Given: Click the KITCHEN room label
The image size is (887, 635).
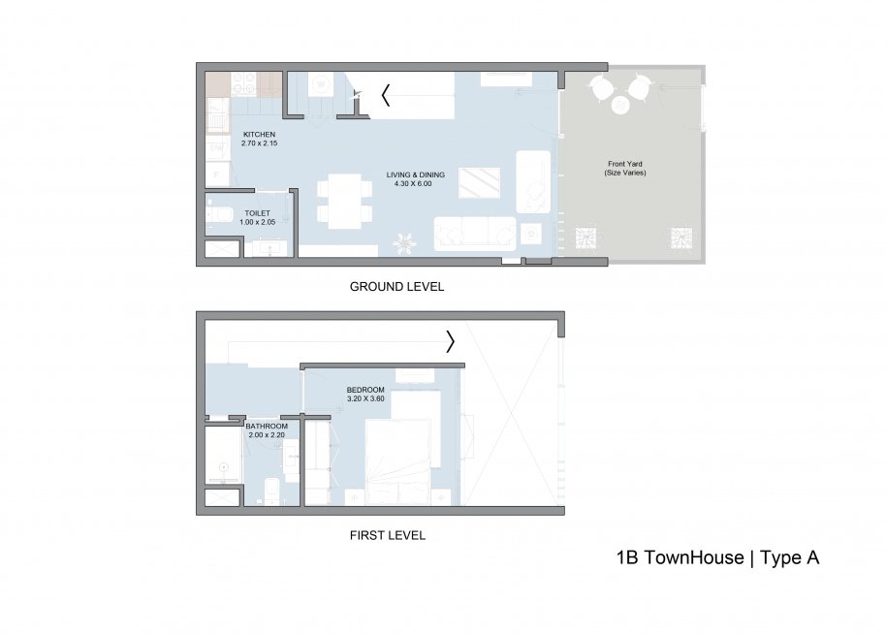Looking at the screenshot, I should (259, 134).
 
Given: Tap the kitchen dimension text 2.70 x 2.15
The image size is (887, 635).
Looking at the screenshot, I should (259, 143).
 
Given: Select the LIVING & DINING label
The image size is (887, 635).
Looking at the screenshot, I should (415, 175).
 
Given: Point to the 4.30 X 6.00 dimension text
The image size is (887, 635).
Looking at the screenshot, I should (415, 184).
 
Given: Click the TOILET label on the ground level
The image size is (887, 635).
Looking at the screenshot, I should (257, 212).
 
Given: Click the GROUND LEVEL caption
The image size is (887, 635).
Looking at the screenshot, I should (396, 288).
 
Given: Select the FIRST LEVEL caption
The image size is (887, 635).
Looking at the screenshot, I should (387, 535).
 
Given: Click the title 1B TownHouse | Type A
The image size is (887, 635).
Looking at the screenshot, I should (717, 557).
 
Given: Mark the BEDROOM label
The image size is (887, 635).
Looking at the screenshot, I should (365, 390).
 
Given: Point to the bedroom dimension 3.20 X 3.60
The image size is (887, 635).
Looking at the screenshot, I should (365, 398).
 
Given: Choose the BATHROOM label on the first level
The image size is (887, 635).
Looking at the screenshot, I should (266, 427).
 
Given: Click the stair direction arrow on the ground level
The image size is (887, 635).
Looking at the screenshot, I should (386, 95).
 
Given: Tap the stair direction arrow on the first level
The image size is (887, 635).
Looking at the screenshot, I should (451, 341).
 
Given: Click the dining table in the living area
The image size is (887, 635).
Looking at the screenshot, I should (343, 201).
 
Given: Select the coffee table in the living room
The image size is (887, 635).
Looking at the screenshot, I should (479, 182).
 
